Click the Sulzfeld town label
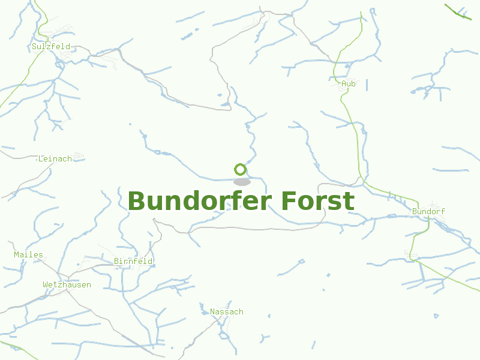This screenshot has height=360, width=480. click(x=51, y=46)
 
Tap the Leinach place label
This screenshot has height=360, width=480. click(x=55, y=158)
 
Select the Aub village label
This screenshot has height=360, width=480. click(x=348, y=84)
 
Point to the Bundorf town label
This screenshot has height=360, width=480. click(x=429, y=212)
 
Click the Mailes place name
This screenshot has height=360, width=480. click(x=29, y=254)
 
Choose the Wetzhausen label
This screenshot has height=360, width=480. click(x=67, y=284)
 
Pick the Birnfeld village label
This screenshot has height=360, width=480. click(x=133, y=261)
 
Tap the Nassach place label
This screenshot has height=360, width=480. click(x=227, y=311)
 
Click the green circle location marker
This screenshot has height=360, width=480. click(x=241, y=169)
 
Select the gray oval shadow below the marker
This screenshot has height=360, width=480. click(x=242, y=182)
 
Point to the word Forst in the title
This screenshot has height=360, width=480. click(x=317, y=201)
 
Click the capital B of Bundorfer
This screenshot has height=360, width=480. click(x=137, y=201)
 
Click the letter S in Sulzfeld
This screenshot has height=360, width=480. click(x=34, y=46)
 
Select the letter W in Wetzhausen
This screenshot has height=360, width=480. click(x=45, y=284)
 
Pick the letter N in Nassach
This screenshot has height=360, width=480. click(x=212, y=311)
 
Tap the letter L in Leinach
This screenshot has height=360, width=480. click(x=40, y=158)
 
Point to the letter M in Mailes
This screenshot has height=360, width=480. click(x=16, y=254)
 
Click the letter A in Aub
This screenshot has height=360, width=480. click(x=343, y=84)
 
